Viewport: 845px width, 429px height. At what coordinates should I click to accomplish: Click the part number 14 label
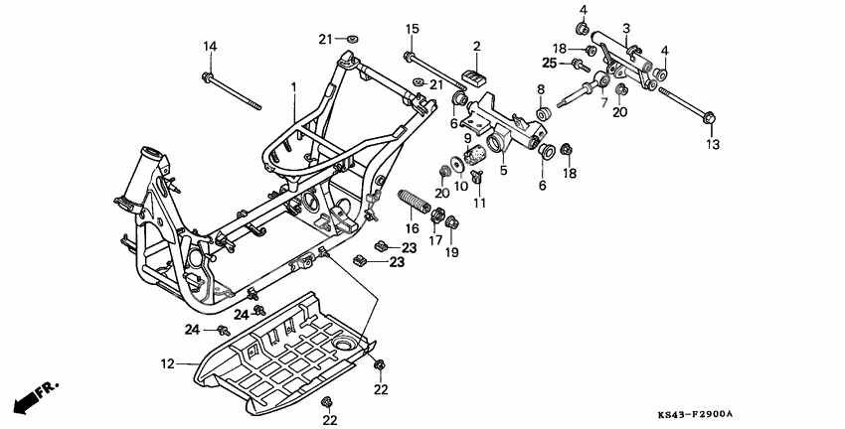tap(210, 47)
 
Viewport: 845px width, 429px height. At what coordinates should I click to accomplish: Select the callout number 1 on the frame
tap(294, 87)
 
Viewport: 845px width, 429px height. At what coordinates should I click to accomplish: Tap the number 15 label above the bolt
tap(413, 28)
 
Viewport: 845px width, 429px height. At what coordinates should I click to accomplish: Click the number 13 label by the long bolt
tap(711, 145)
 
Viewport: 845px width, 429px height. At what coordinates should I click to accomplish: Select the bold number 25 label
tap(548, 64)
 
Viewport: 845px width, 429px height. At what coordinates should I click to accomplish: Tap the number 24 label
tap(193, 329)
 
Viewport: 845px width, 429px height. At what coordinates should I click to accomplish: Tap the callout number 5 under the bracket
tap(502, 171)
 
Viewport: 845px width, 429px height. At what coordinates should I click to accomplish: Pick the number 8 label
tap(541, 89)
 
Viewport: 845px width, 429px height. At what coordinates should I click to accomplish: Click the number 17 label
tap(434, 240)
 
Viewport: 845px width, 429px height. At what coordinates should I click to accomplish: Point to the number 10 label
tap(460, 186)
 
